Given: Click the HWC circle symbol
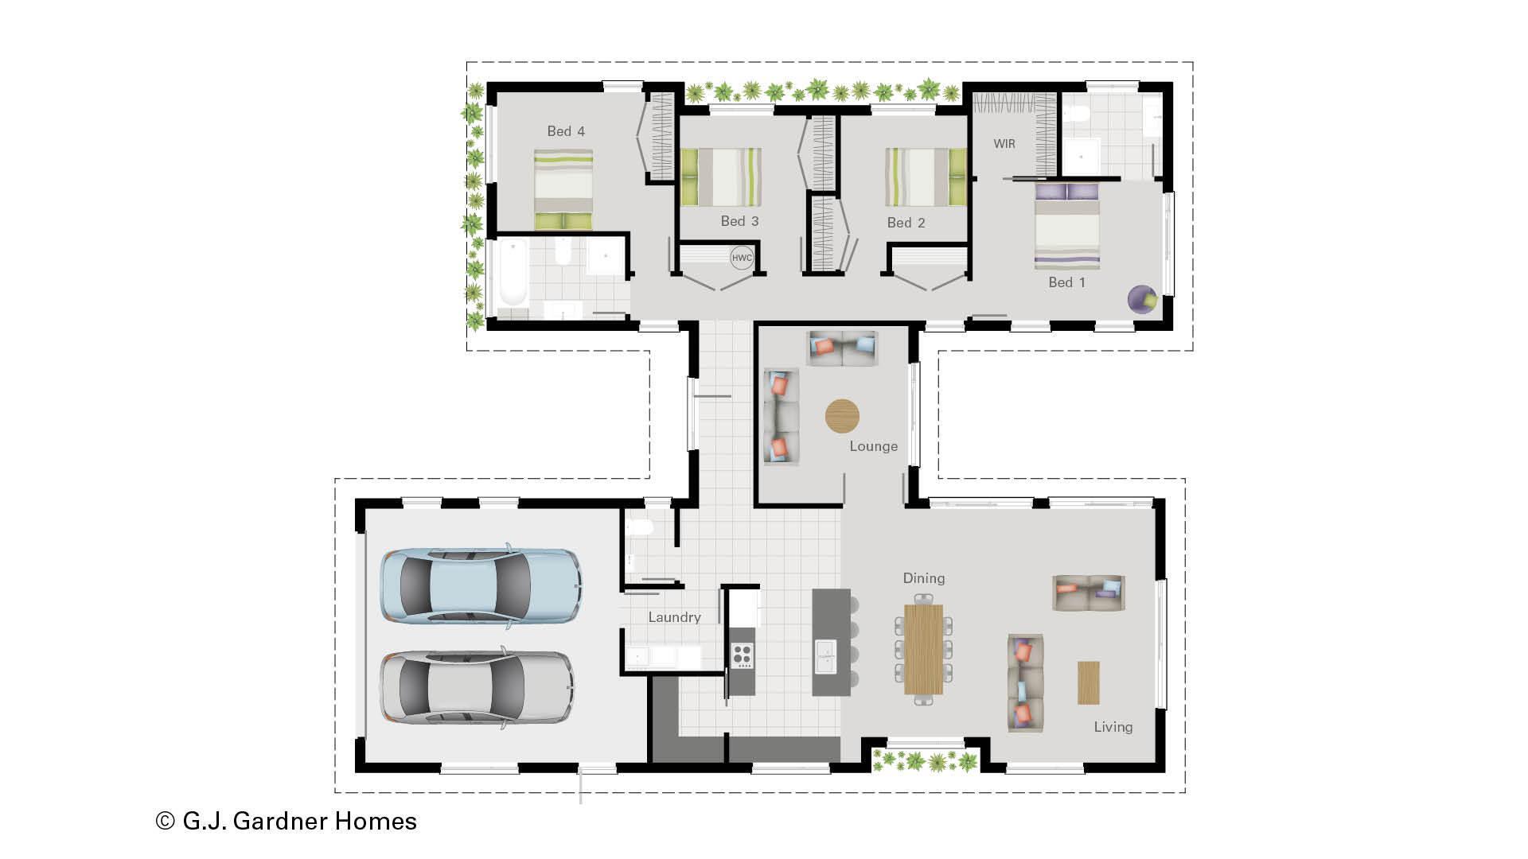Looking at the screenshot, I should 742,258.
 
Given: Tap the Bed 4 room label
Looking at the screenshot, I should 566,131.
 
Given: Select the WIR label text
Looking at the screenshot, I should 1004,144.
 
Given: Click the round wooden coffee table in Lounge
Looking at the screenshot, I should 842,416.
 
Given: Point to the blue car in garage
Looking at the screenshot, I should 481,585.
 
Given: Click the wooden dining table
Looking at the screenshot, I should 923,649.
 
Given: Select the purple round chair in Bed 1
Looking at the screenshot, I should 1142,300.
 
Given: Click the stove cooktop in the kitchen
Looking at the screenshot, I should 742,655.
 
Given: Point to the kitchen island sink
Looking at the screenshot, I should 825,656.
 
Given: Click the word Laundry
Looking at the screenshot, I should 674,617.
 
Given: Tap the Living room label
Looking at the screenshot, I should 1113,727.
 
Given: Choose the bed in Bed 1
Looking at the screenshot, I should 1066,227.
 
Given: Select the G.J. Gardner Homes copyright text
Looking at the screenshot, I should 286,821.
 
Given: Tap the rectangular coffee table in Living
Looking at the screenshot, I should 1088,682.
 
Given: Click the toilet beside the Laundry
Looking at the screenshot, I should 639,527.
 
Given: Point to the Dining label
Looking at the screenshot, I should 923,578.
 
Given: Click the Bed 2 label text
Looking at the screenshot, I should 906,223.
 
